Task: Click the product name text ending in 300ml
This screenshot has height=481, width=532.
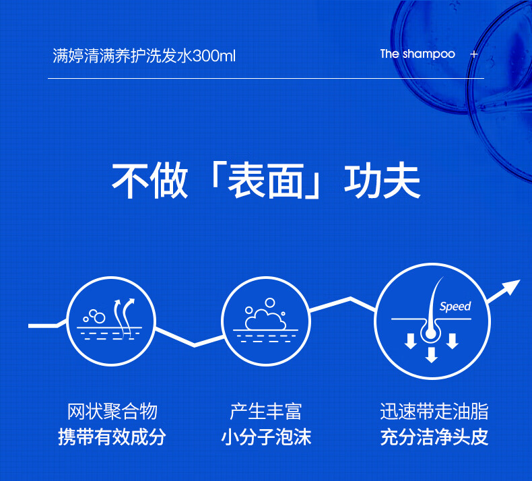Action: (x=144, y=56)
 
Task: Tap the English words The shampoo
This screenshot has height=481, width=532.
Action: (x=418, y=54)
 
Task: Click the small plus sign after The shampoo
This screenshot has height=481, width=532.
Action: (x=474, y=54)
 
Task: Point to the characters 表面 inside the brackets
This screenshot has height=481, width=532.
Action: (x=265, y=181)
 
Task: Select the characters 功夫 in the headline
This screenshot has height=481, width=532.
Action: (x=383, y=181)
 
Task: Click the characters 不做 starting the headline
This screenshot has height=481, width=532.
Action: (x=149, y=181)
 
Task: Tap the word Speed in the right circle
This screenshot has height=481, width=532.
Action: (x=455, y=307)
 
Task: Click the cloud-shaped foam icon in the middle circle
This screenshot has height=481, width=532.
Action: (x=265, y=319)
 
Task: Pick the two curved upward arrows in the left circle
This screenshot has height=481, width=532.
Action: (x=124, y=317)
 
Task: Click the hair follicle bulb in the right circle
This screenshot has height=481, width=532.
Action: (x=431, y=333)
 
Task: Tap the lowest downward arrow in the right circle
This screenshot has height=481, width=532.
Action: (x=431, y=355)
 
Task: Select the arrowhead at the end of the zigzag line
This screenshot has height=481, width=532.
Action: (x=510, y=288)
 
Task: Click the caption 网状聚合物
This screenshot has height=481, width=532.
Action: (x=112, y=412)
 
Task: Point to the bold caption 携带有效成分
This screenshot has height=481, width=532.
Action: (x=112, y=437)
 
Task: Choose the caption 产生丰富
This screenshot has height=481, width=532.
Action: (x=265, y=412)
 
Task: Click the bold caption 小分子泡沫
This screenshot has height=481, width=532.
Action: (x=265, y=437)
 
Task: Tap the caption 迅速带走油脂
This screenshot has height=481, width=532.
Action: (x=434, y=412)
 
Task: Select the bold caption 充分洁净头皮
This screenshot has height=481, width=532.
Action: (x=434, y=437)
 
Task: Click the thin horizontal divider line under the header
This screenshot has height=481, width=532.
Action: (x=266, y=78)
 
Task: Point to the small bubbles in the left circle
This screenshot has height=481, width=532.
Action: (x=94, y=317)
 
